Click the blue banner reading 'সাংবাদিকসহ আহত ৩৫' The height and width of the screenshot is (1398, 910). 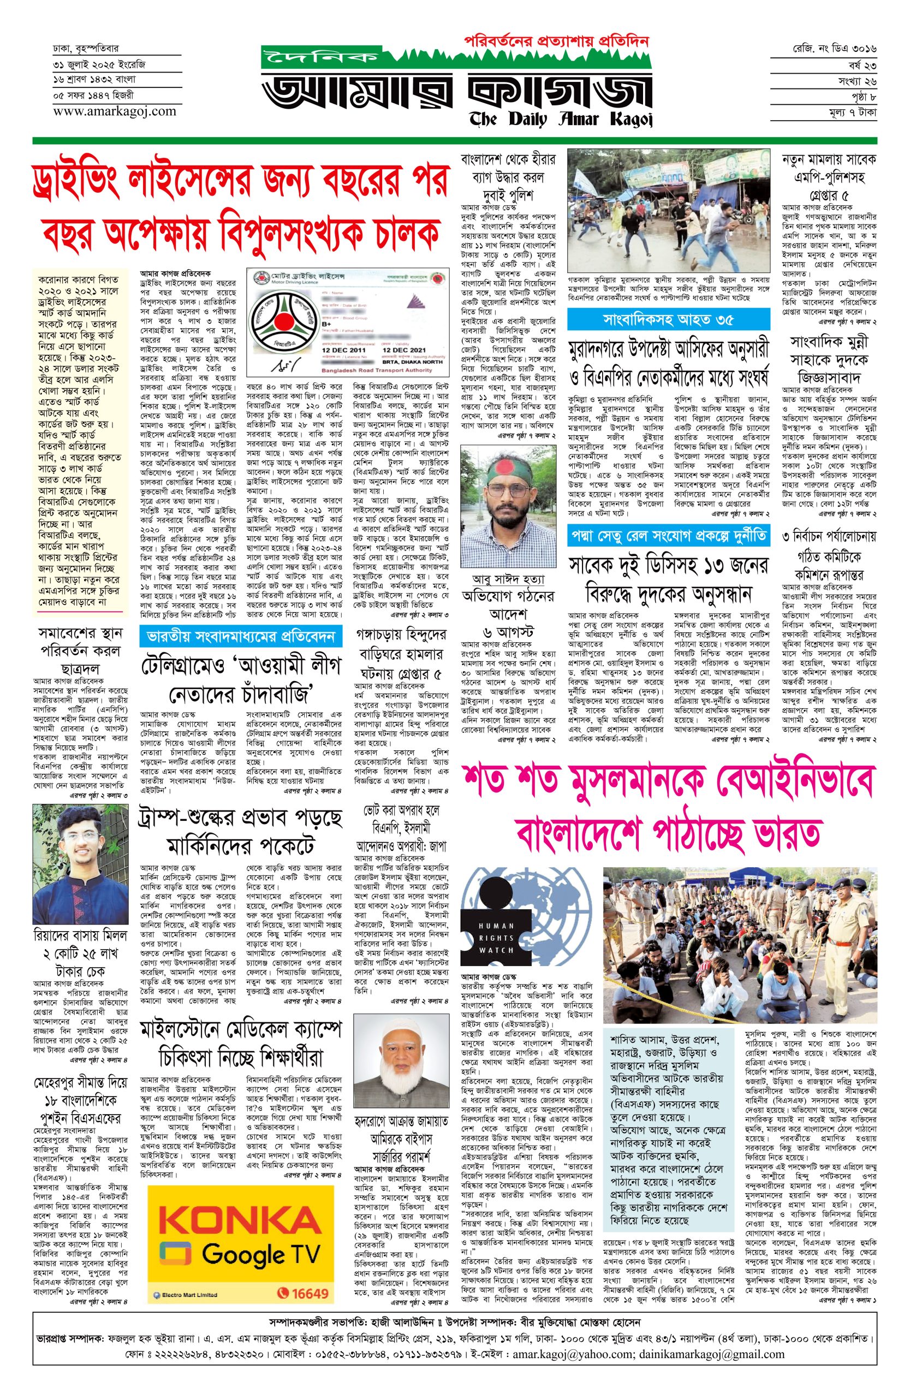(668, 320)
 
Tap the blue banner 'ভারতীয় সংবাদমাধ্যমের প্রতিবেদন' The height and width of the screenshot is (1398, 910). (241, 636)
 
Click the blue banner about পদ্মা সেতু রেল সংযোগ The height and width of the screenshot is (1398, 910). (668, 536)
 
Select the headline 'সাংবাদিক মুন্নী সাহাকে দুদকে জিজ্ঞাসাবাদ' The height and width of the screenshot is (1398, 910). (829, 359)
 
